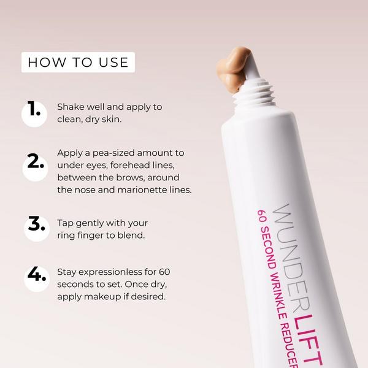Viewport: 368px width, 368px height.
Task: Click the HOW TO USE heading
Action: coord(78,62)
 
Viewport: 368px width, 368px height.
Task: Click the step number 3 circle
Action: coord(34,227)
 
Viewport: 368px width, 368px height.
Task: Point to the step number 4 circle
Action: coord(34,277)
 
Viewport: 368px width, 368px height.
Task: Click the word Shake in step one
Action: coord(70,107)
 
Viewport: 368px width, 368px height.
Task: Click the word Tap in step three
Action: coord(65,221)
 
